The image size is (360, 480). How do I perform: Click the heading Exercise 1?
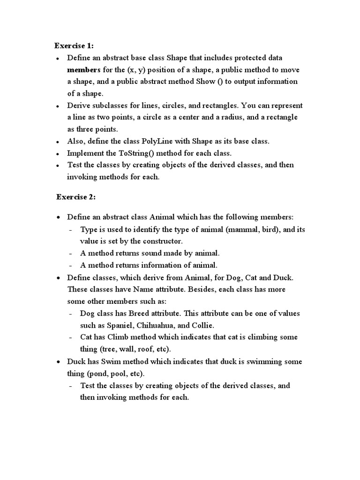(x=74, y=45)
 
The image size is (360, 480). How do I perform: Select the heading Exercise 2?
(x=76, y=197)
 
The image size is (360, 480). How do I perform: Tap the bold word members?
(x=84, y=70)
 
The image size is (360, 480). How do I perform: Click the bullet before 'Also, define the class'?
(x=57, y=142)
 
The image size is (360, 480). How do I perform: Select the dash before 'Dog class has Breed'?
(x=70, y=314)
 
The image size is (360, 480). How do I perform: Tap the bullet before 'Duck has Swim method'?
(x=57, y=362)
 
